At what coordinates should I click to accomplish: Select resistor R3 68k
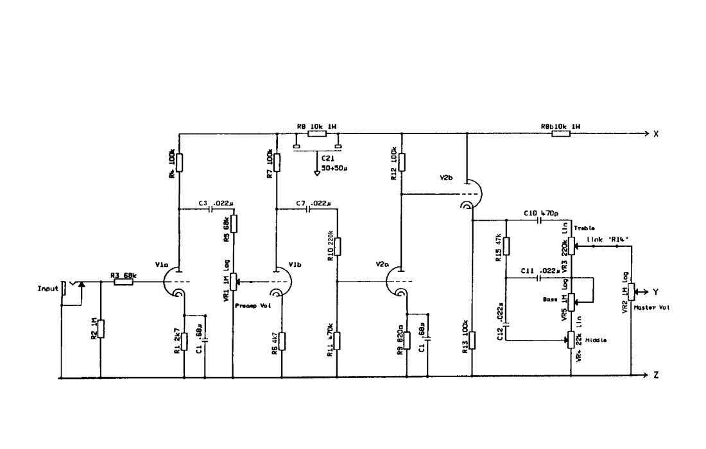coord(124,281)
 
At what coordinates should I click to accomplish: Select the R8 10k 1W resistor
coord(316,134)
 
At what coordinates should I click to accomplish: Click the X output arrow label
coord(656,134)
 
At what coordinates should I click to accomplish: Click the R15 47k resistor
coord(506,246)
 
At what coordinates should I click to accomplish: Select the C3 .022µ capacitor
coord(212,209)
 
